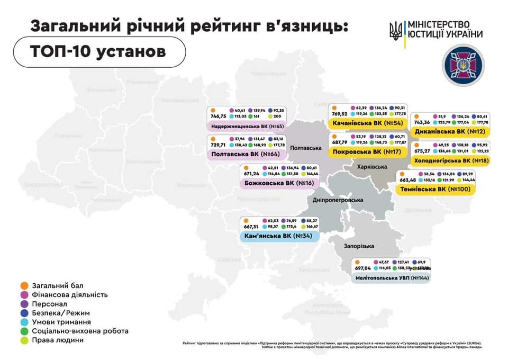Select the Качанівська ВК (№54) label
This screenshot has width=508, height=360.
tap(368, 123)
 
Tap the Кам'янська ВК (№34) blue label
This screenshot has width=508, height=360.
tap(278, 236)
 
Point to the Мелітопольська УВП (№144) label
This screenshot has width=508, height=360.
tap(391, 277)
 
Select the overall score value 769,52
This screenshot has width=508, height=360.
tap(340, 114)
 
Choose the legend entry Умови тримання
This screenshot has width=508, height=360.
tap(60, 322)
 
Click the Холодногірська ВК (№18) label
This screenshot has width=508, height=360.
tap(451, 160)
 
